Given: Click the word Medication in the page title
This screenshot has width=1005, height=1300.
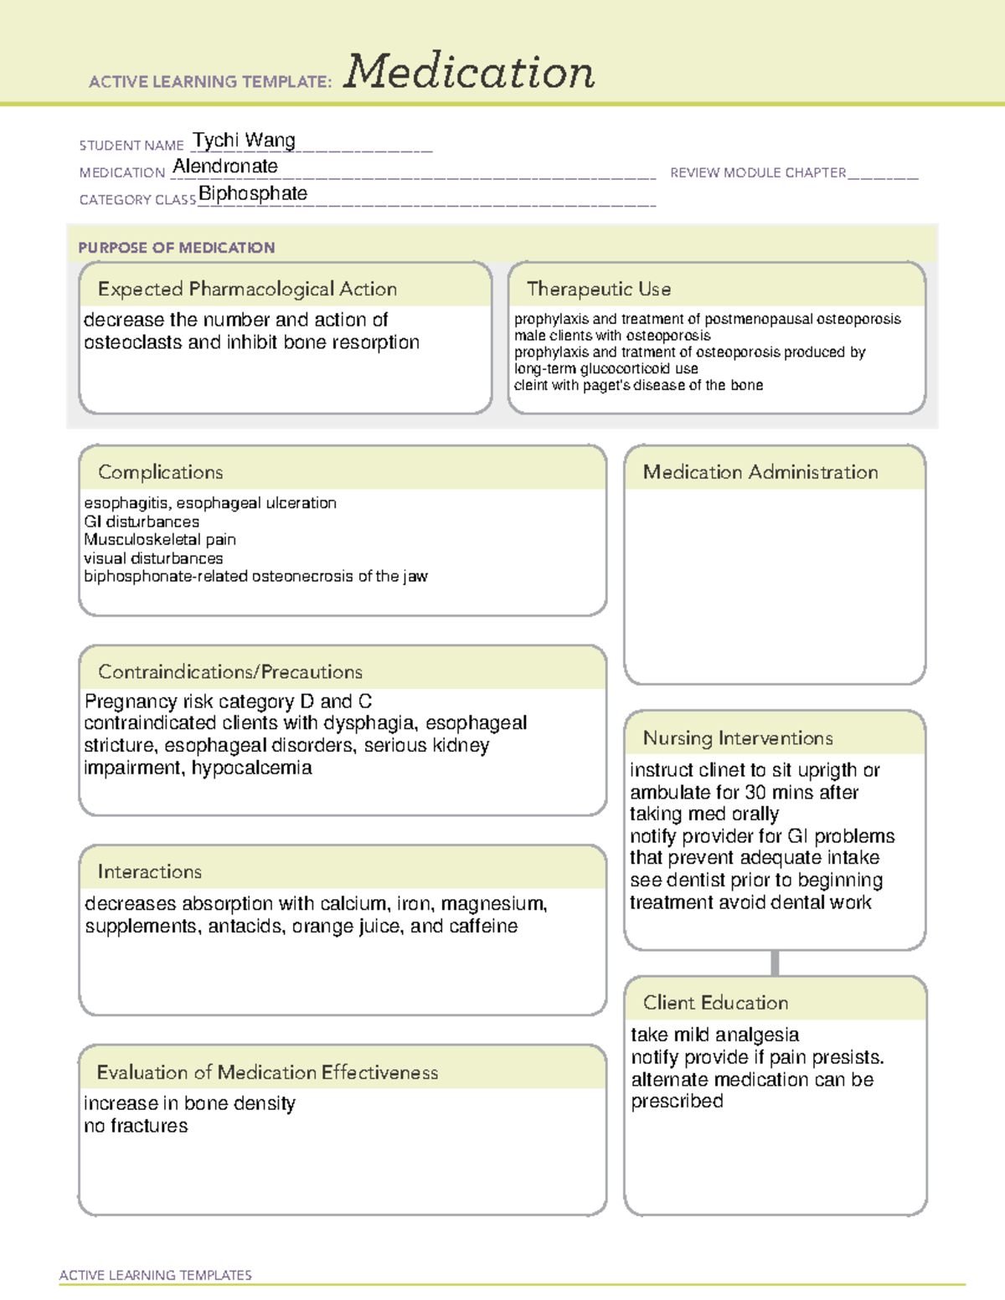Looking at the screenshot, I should (x=469, y=72).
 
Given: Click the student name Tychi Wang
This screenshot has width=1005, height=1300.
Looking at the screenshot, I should (x=244, y=140).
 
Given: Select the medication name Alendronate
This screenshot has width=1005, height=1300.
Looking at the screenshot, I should (x=225, y=167).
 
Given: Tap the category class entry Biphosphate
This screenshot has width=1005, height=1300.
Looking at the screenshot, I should (x=253, y=193).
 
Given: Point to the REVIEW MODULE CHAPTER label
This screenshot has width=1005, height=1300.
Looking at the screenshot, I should (x=758, y=172).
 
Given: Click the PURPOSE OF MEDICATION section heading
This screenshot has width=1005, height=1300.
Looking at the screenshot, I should (x=177, y=248).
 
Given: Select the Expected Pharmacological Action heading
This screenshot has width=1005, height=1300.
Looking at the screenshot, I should (x=247, y=289).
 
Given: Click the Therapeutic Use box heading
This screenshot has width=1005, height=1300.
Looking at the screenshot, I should (x=599, y=289).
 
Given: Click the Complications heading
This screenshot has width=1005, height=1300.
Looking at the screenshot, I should (x=161, y=472).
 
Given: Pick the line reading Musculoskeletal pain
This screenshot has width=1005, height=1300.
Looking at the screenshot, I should (x=160, y=540).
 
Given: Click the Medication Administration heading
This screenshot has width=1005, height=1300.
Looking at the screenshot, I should (x=760, y=472).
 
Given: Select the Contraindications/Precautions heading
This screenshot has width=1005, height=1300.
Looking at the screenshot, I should (x=230, y=672).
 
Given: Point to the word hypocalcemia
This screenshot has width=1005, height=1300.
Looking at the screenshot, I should (x=252, y=768).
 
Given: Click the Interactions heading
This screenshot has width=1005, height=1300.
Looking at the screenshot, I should (x=150, y=872).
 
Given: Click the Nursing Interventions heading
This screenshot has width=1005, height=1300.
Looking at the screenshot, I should (x=738, y=738).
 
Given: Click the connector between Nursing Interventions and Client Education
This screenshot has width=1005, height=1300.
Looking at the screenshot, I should (x=775, y=963).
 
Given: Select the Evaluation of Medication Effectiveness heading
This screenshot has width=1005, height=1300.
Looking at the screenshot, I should (x=267, y=1072).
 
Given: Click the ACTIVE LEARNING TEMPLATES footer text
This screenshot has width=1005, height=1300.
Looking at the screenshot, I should (x=156, y=1275).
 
